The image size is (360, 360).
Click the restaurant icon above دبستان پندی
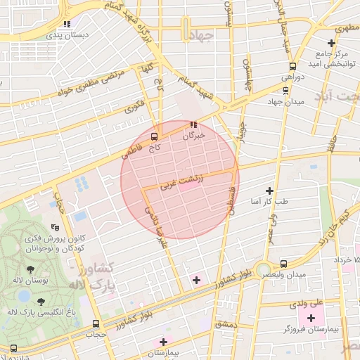tap(67, 23)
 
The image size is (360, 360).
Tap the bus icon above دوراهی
tap(285, 89)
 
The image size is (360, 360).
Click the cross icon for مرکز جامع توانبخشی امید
tap(331, 44)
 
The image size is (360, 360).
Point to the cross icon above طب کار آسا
tap(269, 191)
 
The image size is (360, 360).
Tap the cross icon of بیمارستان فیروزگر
tap(311, 318)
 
